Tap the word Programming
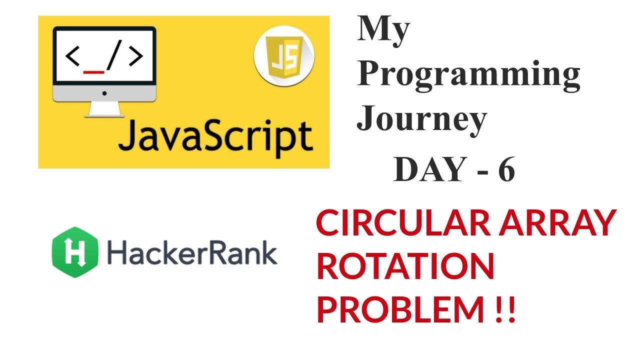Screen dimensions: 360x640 click(468, 75)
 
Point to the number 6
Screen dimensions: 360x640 click(506, 170)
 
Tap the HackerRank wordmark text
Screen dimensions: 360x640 click(191, 252)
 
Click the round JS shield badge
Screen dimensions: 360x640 click(284, 61)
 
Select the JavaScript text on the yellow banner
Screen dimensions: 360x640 click(215, 135)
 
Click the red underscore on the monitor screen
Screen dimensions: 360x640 click(94, 71)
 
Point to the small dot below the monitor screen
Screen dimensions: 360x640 click(104, 93)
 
